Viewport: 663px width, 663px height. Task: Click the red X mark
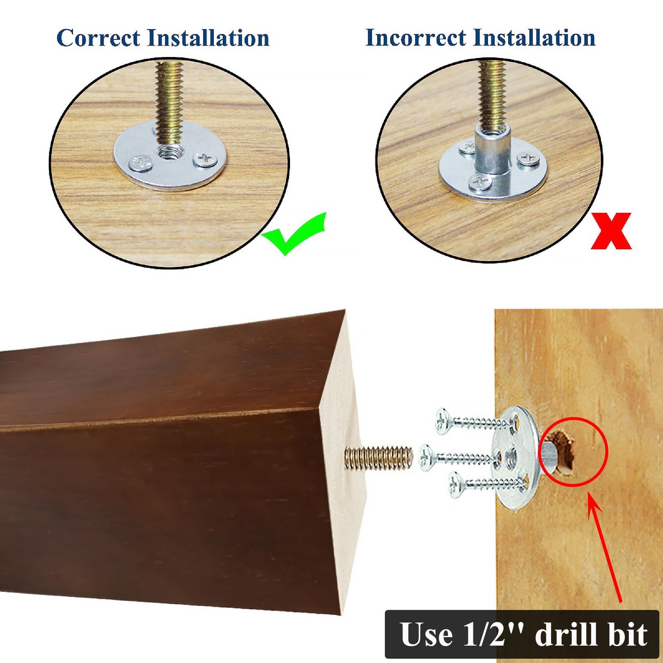611,231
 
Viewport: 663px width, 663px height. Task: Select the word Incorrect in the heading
415,37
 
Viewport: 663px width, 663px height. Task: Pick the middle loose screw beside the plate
459,457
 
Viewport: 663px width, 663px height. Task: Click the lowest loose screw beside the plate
487,485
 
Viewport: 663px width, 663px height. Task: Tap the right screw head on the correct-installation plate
206,160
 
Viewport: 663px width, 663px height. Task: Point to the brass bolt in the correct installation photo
169,104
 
